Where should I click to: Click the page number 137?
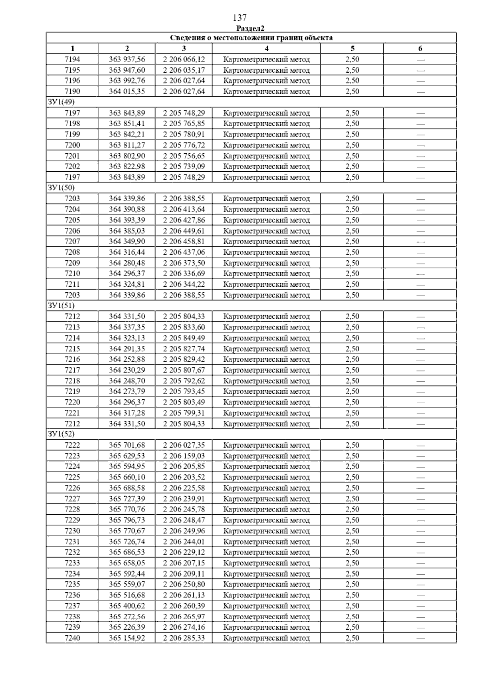(x=239, y=18)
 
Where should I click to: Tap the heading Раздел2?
(x=250, y=28)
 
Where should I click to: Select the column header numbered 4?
(x=266, y=49)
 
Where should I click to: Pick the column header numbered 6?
(x=420, y=49)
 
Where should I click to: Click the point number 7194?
(x=72, y=59)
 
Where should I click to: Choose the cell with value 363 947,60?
(x=127, y=70)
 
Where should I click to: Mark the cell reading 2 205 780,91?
(x=184, y=135)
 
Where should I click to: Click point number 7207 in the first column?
(x=72, y=242)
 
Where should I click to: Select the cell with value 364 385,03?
(x=127, y=231)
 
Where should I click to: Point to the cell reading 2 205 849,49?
(x=184, y=338)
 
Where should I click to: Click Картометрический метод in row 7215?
(x=266, y=349)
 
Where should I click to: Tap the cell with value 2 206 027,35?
(x=184, y=445)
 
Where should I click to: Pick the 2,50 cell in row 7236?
(x=352, y=595)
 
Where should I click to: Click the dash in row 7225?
(x=420, y=478)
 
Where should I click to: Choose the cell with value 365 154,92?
(x=127, y=638)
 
